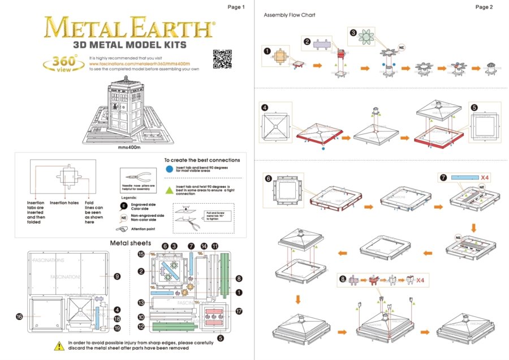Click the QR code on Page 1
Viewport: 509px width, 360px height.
tap(222, 59)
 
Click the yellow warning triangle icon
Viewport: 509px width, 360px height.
tap(59, 345)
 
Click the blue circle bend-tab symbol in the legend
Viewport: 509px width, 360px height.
tap(170, 168)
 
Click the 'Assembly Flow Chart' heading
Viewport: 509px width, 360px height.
tap(290, 15)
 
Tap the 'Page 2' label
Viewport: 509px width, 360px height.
tap(484, 7)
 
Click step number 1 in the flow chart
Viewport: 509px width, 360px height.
tap(267, 50)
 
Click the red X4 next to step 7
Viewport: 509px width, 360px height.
tap(486, 178)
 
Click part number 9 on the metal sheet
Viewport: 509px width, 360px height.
tap(117, 276)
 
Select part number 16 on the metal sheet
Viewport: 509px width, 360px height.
tap(19, 316)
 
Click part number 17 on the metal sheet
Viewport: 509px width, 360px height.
tap(239, 311)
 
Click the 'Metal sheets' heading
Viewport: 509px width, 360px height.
tap(130, 243)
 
